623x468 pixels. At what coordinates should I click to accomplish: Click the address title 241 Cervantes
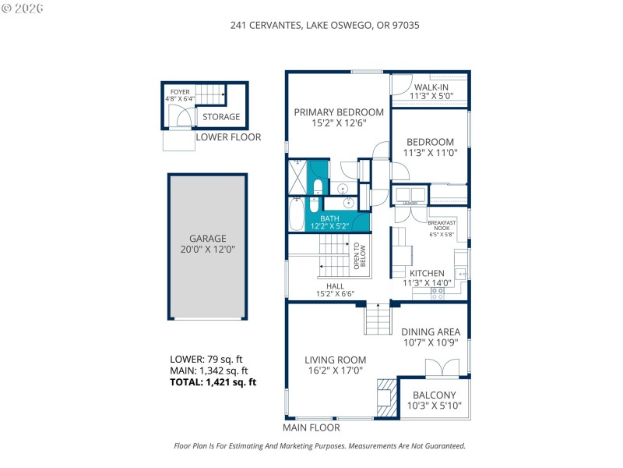pos(325,25)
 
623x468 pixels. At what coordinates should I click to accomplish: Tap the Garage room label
pos(207,244)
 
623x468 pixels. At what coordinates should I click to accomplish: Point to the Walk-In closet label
pos(429,92)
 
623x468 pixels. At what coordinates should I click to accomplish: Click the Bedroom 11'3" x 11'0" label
pos(430,147)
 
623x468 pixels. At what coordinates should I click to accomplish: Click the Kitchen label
pos(427,278)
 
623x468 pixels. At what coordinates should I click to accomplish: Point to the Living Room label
pos(336,365)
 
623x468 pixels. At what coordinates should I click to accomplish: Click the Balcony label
pos(434,400)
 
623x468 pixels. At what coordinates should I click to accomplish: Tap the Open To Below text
pos(360,256)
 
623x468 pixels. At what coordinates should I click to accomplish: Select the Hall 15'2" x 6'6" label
pos(335,289)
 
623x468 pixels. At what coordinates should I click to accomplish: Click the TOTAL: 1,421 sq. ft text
pos(213,382)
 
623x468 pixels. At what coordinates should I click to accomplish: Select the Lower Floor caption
pos(228,137)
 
